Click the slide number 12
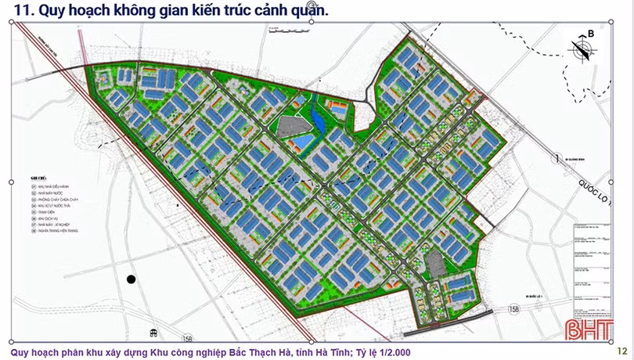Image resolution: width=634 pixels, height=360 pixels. point(622,351)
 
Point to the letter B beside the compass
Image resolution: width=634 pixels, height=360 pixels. point(591,33)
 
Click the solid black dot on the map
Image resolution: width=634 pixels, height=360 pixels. point(131,279)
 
